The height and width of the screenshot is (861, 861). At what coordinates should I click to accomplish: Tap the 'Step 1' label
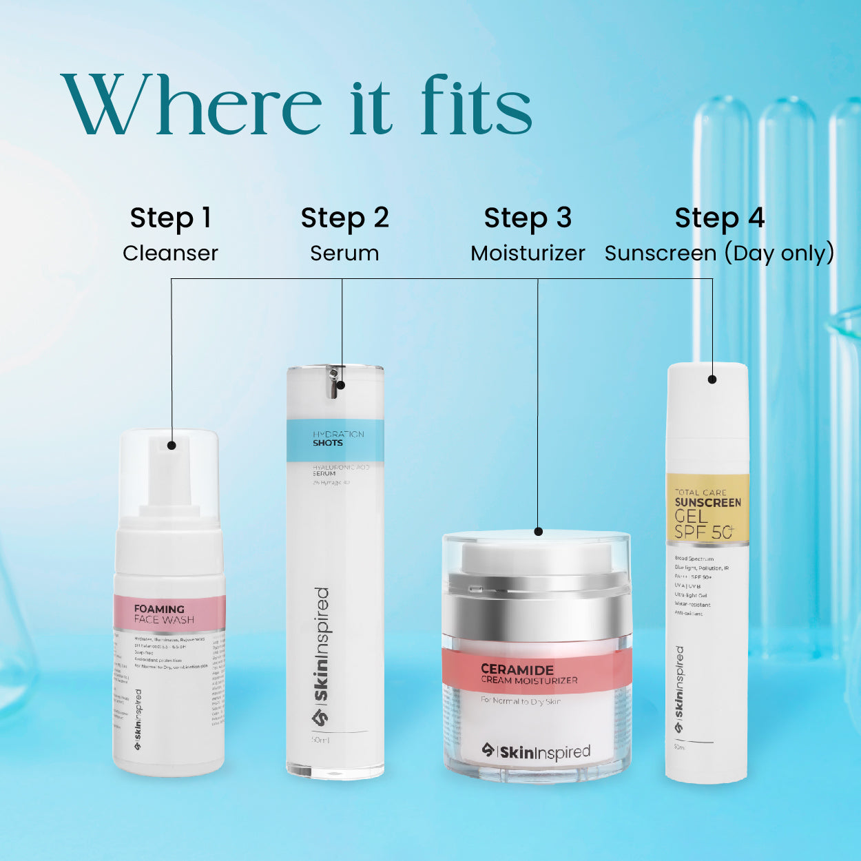[170, 218]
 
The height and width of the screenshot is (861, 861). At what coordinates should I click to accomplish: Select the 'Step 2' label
[344, 218]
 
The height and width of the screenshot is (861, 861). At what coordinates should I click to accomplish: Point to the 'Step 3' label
[528, 218]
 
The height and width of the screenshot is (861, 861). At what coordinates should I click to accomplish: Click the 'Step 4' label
[719, 218]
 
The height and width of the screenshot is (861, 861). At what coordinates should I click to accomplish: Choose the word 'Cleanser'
[170, 253]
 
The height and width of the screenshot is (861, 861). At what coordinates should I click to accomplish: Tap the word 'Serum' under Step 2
[344, 253]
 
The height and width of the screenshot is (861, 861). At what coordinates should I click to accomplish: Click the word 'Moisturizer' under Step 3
[528, 253]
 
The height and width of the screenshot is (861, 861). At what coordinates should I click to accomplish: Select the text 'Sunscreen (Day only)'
[719, 253]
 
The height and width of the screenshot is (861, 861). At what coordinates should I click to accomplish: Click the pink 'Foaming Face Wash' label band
[169, 613]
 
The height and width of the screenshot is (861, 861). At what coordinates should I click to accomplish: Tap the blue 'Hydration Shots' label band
[335, 439]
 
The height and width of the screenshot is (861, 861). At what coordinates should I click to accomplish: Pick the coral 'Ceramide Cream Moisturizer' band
[537, 672]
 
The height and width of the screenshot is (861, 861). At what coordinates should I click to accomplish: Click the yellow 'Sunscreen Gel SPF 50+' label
[707, 510]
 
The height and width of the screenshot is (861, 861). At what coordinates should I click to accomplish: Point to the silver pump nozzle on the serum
[334, 382]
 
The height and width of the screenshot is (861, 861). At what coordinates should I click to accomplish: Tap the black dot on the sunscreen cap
[712, 379]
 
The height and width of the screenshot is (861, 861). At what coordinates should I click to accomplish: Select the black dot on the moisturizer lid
[539, 532]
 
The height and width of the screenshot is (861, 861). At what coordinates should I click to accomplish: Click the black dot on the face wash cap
[172, 445]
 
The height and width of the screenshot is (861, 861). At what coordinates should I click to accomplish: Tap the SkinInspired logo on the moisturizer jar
[536, 751]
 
